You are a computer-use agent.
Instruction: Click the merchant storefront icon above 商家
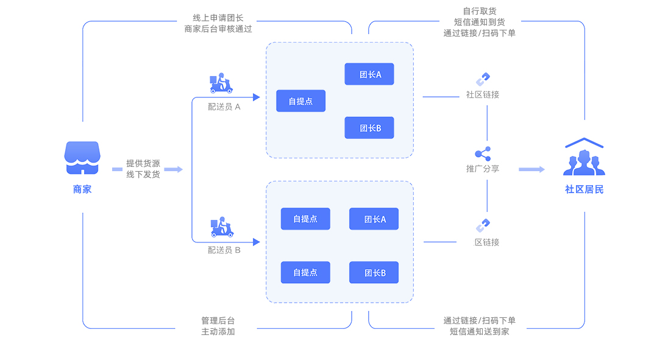click(x=82, y=158)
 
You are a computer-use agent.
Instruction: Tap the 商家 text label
click(x=82, y=189)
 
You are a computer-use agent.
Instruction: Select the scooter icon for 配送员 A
click(x=221, y=83)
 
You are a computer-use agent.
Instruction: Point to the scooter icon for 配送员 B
click(x=222, y=227)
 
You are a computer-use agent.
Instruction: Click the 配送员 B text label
click(x=224, y=250)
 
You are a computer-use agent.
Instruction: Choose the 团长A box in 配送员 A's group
click(x=369, y=74)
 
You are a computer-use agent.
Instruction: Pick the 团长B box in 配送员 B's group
click(x=374, y=273)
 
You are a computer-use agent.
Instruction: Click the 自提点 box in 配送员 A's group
click(x=300, y=101)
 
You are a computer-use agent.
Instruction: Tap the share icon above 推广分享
click(x=483, y=154)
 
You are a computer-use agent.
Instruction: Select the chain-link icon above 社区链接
click(x=483, y=80)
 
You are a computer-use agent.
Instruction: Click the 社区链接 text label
click(x=483, y=95)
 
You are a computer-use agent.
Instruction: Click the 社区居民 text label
click(x=584, y=189)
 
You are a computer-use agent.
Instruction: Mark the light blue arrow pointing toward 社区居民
click(x=531, y=169)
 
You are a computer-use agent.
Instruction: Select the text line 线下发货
click(x=143, y=175)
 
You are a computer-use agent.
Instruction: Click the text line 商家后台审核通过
click(x=218, y=29)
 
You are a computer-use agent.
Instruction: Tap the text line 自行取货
click(x=480, y=11)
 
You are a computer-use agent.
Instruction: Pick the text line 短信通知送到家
click(x=480, y=331)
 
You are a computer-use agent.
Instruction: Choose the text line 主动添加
click(x=218, y=331)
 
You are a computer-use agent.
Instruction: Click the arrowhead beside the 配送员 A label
click(x=257, y=97)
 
